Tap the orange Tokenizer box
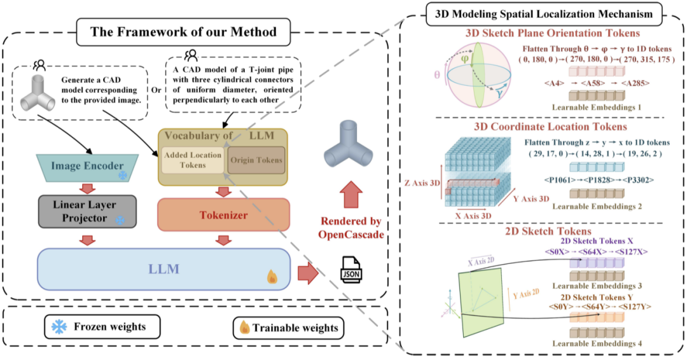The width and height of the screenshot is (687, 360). [x=223, y=216]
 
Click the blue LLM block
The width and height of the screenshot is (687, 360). [x=164, y=269]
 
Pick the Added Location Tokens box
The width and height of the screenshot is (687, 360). [x=192, y=160]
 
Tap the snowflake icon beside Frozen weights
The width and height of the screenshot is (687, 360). [x=59, y=327]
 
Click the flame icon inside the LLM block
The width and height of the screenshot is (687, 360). [x=272, y=277]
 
